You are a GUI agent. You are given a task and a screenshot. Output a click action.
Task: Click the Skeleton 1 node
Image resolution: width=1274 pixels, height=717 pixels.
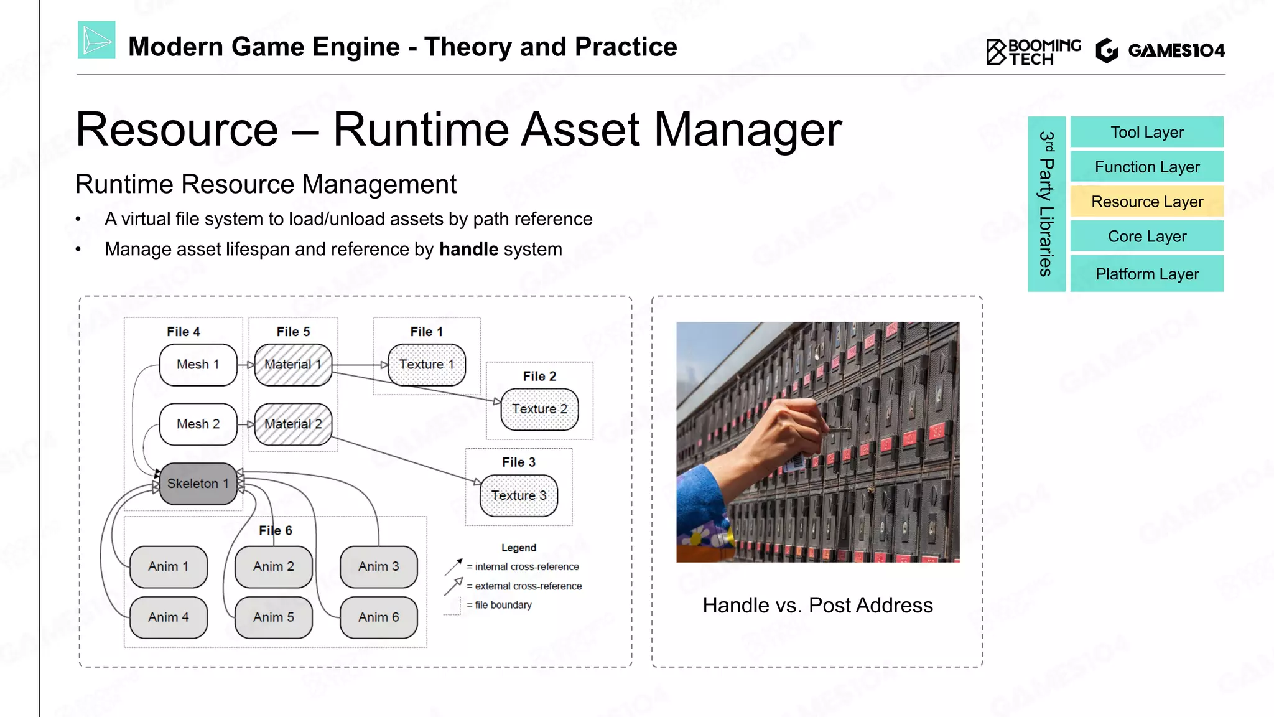click(198, 484)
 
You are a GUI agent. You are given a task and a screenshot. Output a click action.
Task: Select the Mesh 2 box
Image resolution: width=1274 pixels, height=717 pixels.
click(198, 424)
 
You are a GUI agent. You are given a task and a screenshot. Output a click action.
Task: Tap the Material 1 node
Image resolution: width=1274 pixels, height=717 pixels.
click(293, 365)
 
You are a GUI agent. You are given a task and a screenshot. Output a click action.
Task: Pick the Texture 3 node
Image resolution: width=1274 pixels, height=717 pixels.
click(518, 495)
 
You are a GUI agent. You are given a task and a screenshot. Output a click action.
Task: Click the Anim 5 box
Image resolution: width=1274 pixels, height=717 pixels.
click(273, 617)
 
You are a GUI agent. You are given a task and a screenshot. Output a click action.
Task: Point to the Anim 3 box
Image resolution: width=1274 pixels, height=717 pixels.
click(378, 566)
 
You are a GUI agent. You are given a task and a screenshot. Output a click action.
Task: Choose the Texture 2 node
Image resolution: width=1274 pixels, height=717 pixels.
click(539, 409)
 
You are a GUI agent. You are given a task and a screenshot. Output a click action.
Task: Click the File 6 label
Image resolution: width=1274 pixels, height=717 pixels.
click(275, 530)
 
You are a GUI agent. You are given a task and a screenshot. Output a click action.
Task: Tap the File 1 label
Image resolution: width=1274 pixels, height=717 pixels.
click(426, 332)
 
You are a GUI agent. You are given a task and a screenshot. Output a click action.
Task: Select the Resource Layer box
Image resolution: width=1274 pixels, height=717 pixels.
click(1146, 202)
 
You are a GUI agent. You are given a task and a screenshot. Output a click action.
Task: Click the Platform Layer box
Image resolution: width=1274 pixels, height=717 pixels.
click(1146, 274)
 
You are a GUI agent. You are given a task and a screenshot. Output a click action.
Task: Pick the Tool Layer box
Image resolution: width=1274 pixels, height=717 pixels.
click(1146, 133)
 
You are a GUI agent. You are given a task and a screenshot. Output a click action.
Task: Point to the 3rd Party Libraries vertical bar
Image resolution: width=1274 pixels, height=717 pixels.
click(1046, 204)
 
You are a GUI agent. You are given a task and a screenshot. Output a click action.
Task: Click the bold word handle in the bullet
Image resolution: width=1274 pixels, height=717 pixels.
click(468, 250)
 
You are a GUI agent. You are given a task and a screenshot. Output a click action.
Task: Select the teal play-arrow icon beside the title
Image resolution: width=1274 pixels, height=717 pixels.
click(96, 40)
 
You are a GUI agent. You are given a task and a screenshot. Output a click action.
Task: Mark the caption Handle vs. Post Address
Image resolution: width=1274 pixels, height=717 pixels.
click(817, 606)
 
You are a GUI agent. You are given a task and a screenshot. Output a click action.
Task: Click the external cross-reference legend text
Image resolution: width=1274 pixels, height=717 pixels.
click(528, 586)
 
